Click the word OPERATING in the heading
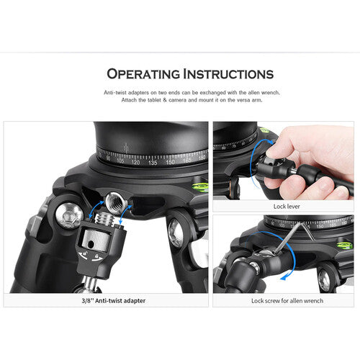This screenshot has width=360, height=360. (143, 74)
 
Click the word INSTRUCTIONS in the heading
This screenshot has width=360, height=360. (228, 74)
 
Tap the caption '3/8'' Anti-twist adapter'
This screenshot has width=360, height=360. (114, 300)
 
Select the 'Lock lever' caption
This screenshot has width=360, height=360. (287, 206)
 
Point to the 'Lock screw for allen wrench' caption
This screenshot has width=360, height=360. (287, 301)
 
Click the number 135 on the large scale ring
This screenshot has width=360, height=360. (153, 163)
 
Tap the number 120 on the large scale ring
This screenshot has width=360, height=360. (135, 162)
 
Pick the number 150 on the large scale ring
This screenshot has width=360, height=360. (170, 162)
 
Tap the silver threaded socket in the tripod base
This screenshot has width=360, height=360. (114, 203)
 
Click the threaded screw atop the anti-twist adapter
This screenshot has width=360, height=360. (104, 218)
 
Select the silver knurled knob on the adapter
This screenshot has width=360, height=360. (95, 240)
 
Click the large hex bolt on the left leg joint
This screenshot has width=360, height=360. (69, 215)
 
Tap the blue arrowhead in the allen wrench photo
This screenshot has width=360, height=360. (284, 278)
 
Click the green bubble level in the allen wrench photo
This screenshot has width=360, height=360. (345, 246)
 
